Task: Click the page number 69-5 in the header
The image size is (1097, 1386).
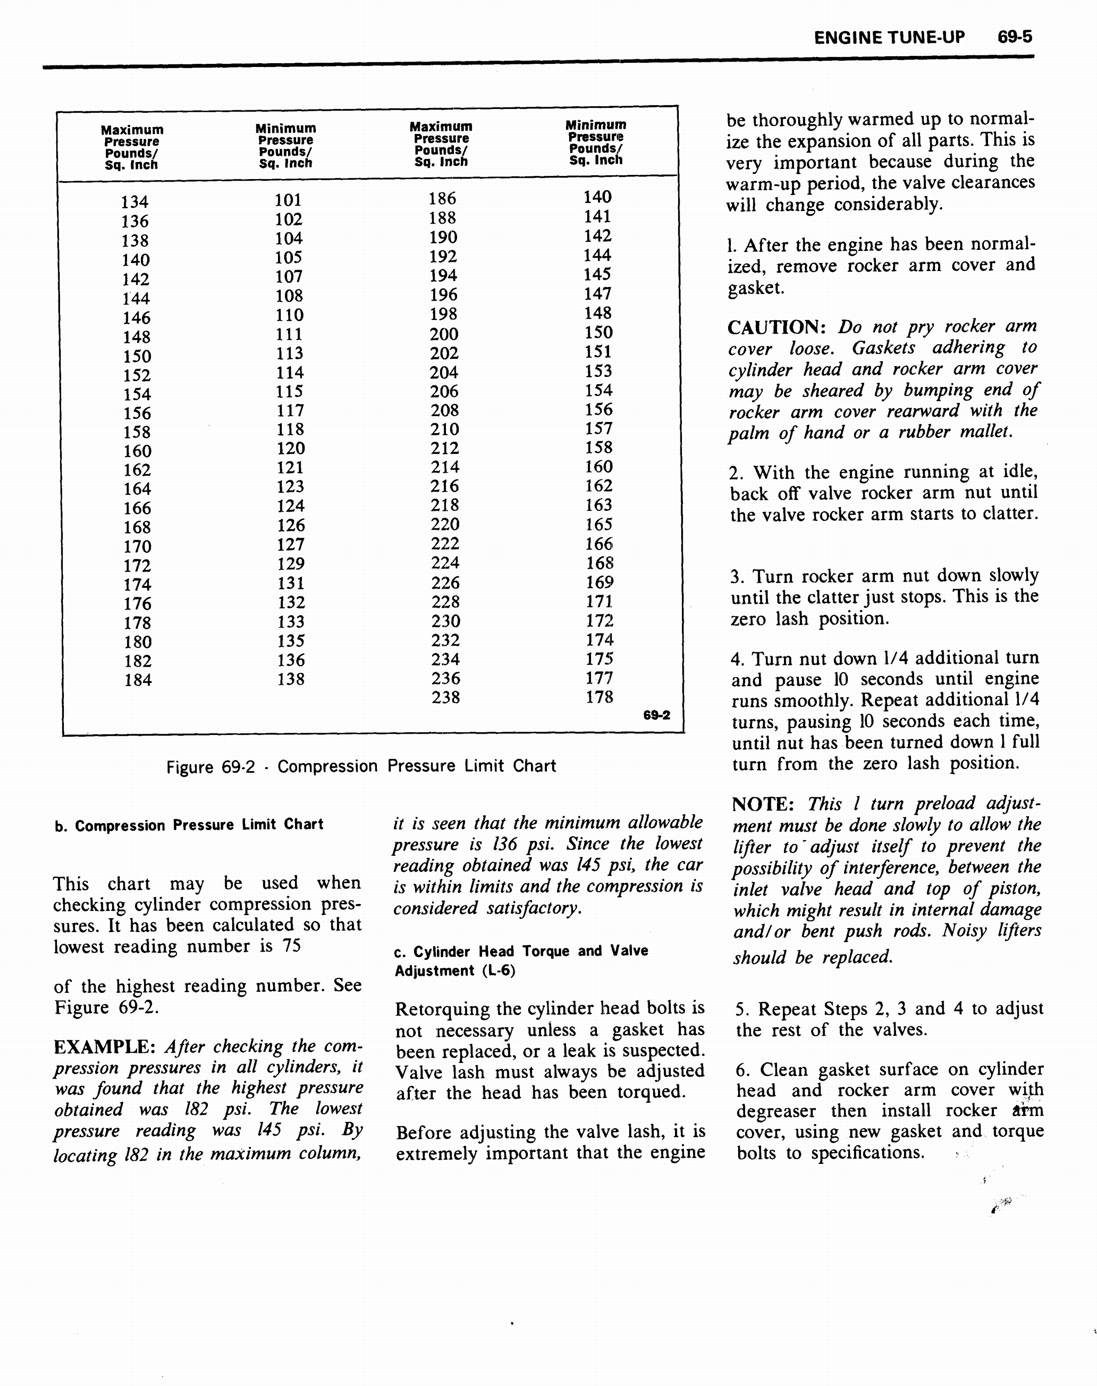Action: (x=1014, y=37)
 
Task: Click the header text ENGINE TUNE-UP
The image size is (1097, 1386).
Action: (x=889, y=38)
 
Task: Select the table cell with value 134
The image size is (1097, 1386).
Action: (x=135, y=202)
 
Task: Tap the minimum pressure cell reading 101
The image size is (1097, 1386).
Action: (x=288, y=200)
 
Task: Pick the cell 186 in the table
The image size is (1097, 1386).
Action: (x=442, y=198)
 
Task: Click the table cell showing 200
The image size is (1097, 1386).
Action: (x=444, y=334)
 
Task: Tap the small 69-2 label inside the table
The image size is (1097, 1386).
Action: (x=657, y=715)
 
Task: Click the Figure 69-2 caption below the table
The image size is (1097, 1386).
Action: (x=361, y=766)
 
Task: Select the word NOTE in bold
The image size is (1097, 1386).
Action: (x=762, y=805)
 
